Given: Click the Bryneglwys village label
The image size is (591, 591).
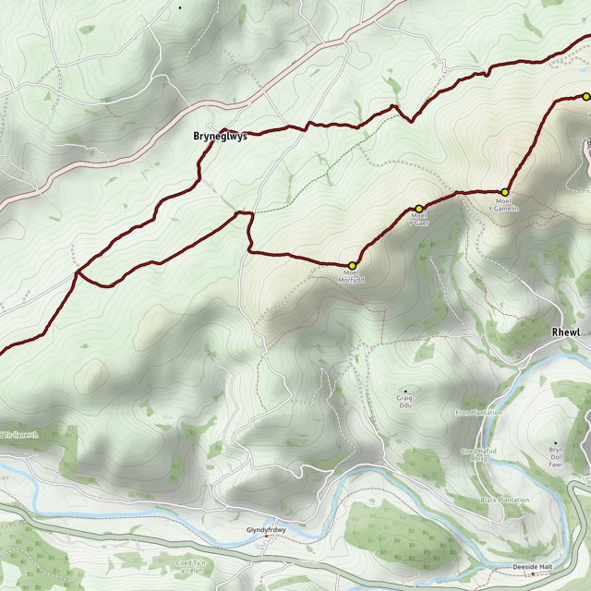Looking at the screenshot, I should click(x=221, y=137).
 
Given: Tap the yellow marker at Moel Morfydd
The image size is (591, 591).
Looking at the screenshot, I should click(x=352, y=266).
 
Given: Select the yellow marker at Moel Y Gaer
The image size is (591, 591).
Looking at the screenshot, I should click(x=418, y=208).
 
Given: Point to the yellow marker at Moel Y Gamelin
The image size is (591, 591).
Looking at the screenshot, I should click(x=504, y=192).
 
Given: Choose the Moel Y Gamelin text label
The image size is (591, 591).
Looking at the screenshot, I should click(x=504, y=204).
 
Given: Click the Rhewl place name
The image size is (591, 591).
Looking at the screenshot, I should click(x=564, y=332).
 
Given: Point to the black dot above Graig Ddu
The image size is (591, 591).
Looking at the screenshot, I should click(x=405, y=391).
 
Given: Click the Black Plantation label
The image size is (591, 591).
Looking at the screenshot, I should click(x=505, y=500).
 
